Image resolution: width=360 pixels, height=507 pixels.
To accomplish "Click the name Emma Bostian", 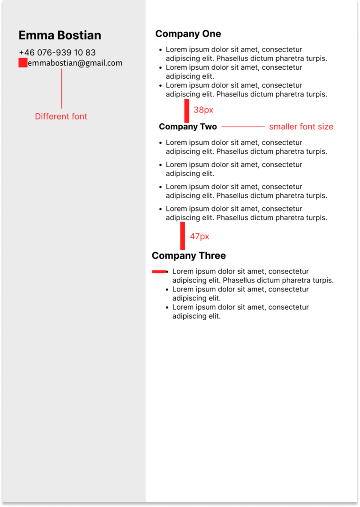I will [60, 35].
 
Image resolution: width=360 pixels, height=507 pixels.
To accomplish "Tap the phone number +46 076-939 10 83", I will [57, 52].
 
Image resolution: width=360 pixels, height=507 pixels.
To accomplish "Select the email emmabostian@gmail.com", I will [75, 63].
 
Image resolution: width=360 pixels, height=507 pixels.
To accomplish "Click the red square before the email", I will [22, 63].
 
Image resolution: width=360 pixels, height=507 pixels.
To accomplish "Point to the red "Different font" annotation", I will [61, 116].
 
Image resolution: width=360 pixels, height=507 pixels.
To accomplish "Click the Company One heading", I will [188, 34].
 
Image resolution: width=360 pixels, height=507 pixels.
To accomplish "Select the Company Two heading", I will [188, 127].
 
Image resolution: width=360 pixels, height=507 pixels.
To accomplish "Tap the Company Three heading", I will [188, 255].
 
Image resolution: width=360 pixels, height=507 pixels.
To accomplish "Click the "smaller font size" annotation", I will [301, 127].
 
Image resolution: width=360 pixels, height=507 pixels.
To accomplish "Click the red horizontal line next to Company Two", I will [243, 127].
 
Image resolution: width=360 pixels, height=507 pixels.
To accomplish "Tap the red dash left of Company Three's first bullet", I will [159, 271].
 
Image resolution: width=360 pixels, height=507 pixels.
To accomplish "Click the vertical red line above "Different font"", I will [61, 89].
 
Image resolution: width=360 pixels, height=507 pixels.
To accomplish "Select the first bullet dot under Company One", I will [161, 49].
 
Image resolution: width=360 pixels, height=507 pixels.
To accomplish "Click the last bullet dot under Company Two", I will [161, 209].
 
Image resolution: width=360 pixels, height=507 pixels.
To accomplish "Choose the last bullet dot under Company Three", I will [167, 307].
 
